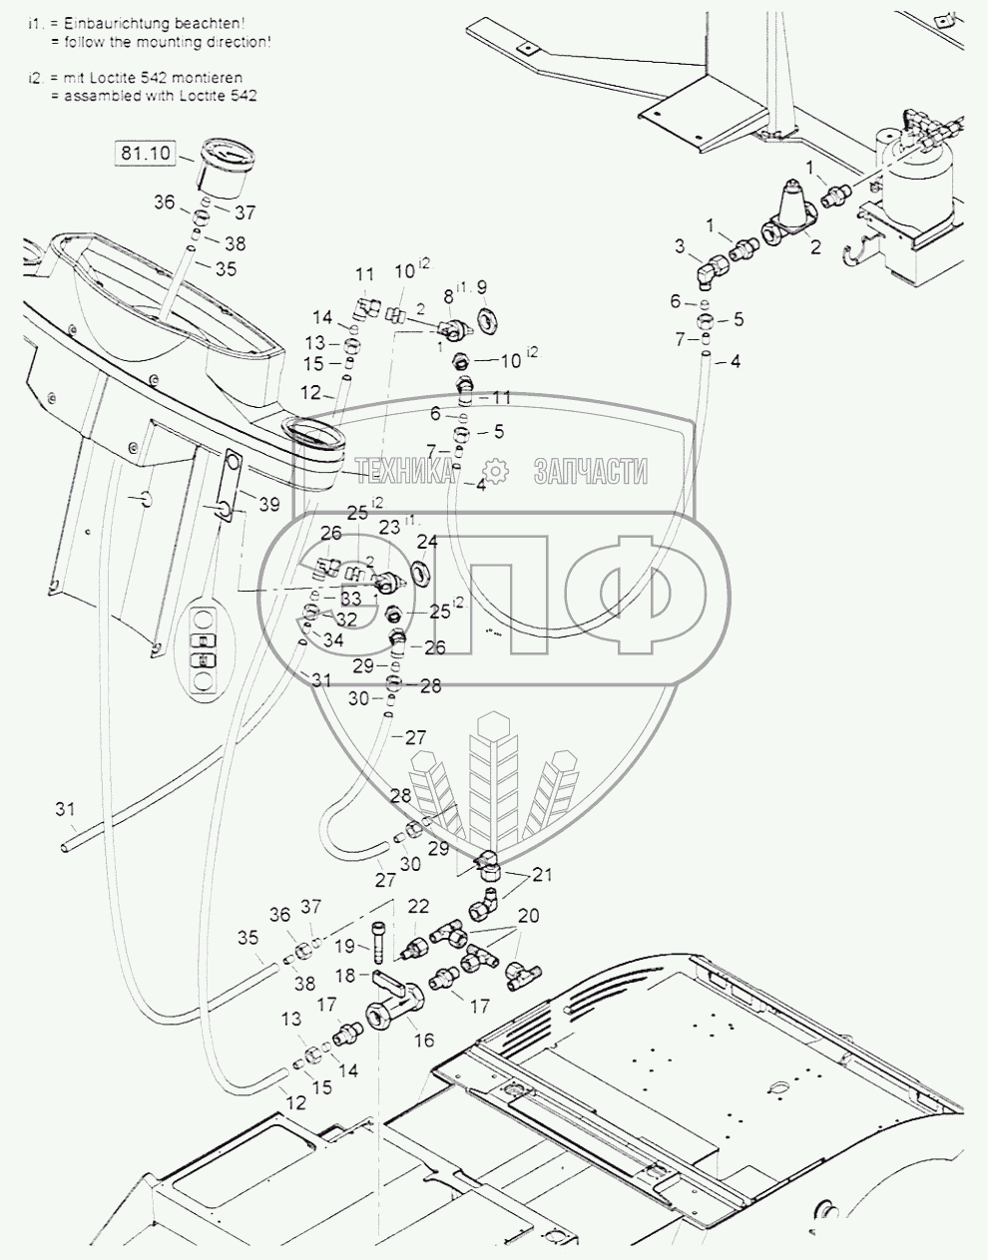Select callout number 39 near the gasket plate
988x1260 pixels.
(269, 505)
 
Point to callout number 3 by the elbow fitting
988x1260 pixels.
(680, 245)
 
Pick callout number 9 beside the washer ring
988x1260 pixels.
(482, 287)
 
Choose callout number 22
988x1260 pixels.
(419, 906)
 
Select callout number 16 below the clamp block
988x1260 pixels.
(424, 1041)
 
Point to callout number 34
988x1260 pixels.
(332, 640)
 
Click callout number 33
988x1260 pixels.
(349, 599)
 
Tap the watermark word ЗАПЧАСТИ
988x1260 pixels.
(591, 472)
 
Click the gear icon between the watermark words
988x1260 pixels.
(494, 472)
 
